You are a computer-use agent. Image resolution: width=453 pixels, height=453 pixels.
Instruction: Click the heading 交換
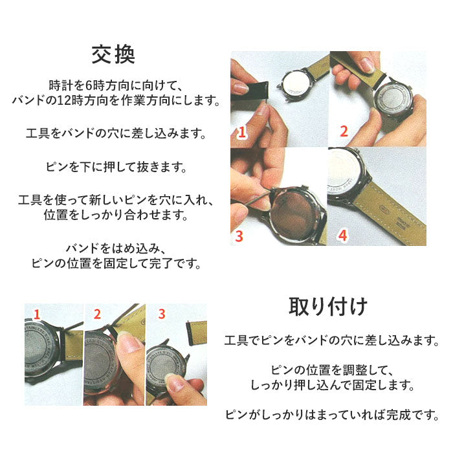[x=113, y=54]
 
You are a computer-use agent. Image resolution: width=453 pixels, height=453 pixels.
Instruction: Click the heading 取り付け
[x=328, y=307]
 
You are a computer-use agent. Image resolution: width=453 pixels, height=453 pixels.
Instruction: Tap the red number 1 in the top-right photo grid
[x=242, y=132]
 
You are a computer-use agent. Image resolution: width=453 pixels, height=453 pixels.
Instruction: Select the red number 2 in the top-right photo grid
[x=344, y=131]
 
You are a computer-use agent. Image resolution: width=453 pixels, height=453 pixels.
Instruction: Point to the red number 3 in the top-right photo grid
[x=239, y=236]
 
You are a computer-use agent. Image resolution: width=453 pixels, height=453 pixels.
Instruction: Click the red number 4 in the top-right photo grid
[x=342, y=236]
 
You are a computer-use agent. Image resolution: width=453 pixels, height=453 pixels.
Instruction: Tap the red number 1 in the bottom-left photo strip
[x=36, y=315]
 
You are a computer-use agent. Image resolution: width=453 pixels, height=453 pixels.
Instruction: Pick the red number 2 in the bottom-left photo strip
[x=97, y=314]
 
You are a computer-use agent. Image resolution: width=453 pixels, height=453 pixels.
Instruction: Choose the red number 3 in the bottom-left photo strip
[x=162, y=314]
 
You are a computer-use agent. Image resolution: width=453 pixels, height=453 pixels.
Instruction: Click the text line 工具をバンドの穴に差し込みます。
[x=116, y=133]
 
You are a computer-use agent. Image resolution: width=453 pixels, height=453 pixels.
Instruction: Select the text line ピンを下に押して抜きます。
[x=116, y=167]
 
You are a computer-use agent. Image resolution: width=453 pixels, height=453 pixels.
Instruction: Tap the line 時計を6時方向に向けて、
[x=116, y=85]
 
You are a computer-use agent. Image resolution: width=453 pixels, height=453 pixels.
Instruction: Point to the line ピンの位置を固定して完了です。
[x=116, y=263]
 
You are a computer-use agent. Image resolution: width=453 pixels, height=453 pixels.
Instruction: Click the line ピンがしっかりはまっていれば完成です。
[x=332, y=415]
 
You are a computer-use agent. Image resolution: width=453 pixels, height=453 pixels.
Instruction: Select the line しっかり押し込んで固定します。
[x=332, y=385]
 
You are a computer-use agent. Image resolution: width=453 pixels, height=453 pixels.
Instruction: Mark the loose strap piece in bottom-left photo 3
[x=197, y=332]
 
